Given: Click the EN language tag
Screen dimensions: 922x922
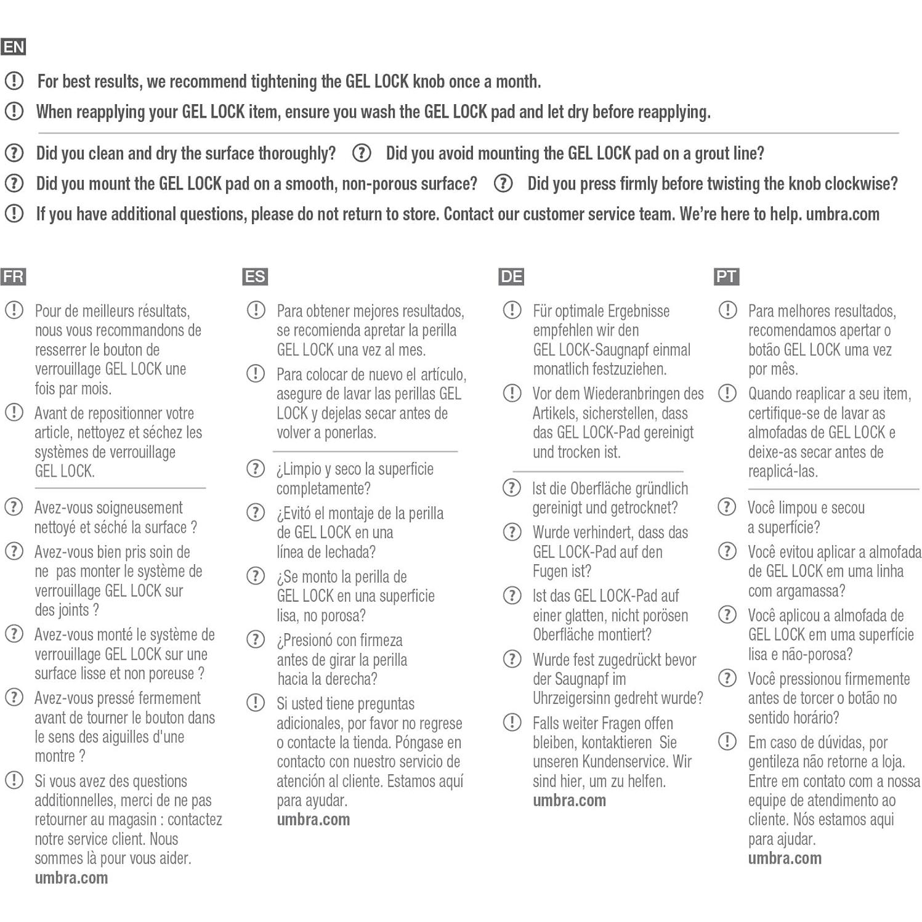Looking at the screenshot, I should pos(14,47).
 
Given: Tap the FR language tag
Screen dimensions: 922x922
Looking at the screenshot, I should pos(13,277).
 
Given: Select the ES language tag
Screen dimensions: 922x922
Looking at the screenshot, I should pos(254,277).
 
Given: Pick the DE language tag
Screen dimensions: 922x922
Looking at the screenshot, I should pos(511,277).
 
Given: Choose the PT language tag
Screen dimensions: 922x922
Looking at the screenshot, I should pos(726,277).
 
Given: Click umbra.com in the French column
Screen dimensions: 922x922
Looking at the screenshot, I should pos(71,878).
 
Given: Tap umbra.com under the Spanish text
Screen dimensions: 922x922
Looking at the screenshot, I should pos(313,820).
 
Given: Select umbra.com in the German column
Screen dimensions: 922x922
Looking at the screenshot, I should pos(569,801).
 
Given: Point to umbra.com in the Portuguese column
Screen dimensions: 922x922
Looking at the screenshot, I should pos(785,859).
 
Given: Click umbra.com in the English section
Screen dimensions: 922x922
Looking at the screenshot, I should pos(842,214).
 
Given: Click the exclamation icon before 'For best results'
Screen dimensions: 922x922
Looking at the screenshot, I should pos(14,81).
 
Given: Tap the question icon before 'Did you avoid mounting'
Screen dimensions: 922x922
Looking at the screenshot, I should pos(362,153).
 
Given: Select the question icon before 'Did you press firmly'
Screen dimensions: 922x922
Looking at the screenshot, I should pos(503,183).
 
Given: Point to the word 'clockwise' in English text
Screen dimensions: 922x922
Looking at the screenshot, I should pos(857,184).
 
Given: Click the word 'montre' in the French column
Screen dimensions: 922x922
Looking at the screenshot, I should pos(55,756).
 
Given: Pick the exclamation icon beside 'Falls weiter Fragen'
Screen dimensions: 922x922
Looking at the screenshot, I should pos(512,722).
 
